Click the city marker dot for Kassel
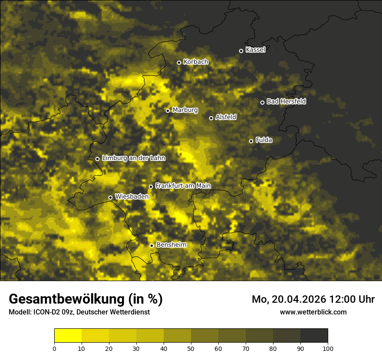tap(241, 51)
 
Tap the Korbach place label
tap(196, 62)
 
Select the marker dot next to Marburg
tap(168, 111)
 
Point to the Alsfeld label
tap(226, 117)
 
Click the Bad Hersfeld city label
tap(286, 101)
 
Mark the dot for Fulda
tap(251, 141)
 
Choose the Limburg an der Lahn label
tap(134, 158)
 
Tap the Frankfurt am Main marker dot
tap(151, 187)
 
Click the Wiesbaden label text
tap(132, 197)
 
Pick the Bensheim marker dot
tap(151, 245)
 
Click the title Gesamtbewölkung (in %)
tap(86, 299)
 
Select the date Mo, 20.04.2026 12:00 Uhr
tap(313, 299)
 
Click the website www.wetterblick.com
tap(313, 312)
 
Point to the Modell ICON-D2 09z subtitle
tap(79, 312)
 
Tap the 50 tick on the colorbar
tap(191, 348)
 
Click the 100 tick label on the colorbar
tap(328, 348)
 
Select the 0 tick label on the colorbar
tap(54, 348)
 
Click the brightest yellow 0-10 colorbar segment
tap(68, 336)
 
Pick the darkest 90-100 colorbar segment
tap(314, 336)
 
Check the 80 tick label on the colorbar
tap(273, 348)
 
